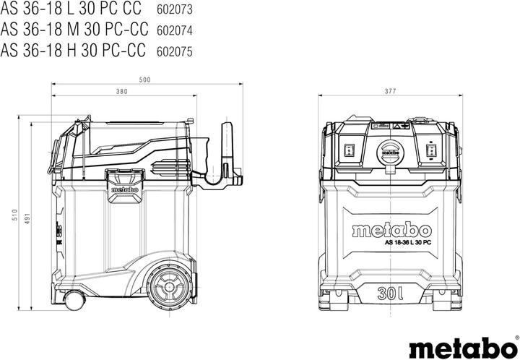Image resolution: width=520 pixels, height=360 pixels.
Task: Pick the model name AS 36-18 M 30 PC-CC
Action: tap(74, 31)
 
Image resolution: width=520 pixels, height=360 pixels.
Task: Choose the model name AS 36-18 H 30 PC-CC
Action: tap(74, 50)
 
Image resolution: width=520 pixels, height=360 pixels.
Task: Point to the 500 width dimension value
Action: tap(144, 79)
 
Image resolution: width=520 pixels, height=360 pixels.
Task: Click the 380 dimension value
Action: tap(121, 92)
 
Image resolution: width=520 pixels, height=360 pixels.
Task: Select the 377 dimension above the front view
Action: tap(390, 92)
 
